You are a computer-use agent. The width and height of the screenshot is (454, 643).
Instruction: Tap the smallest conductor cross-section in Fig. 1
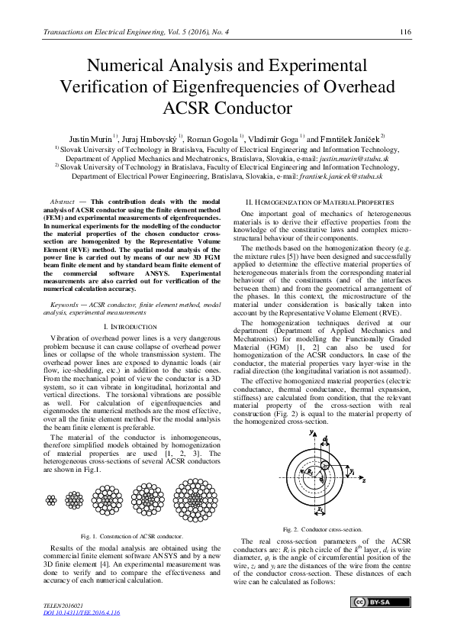(51, 500)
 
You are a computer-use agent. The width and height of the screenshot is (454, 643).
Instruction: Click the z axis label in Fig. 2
(365, 482)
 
